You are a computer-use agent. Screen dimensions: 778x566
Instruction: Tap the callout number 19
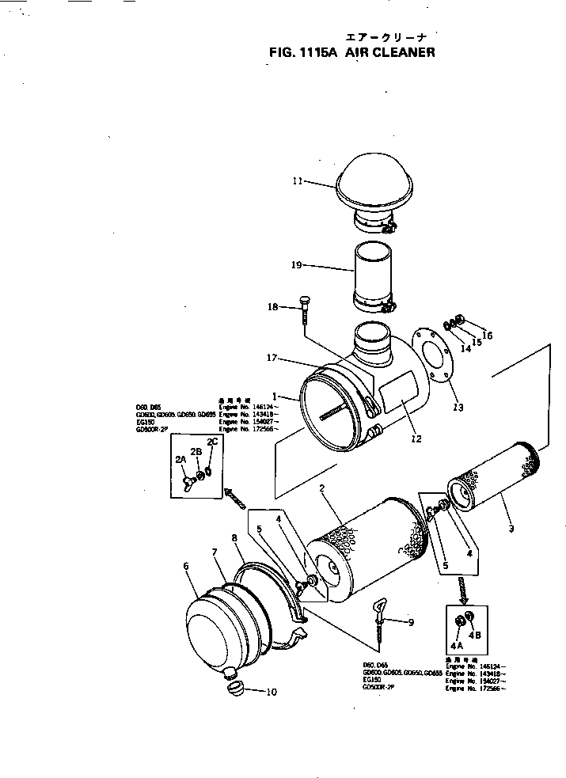297,266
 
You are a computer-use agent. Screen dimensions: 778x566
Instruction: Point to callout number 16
487,336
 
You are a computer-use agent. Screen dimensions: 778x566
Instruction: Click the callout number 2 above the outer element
323,490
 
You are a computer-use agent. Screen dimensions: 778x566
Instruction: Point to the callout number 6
186,566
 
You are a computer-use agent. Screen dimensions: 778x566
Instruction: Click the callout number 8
234,538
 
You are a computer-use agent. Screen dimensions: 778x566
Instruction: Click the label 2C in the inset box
212,441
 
